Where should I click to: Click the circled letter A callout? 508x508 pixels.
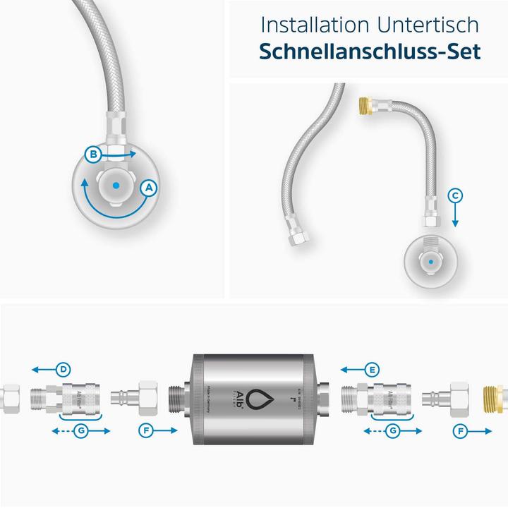[148, 188]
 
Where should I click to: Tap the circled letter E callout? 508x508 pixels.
[373, 368]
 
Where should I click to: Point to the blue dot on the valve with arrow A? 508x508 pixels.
[116, 185]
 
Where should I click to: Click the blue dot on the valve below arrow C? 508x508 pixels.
[431, 262]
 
